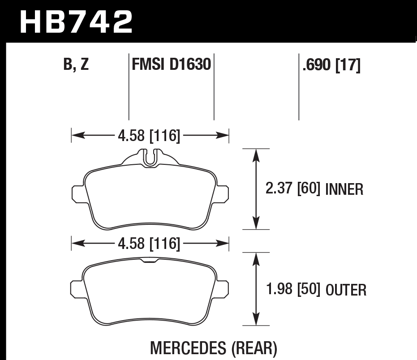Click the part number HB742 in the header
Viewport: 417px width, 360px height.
[77, 21]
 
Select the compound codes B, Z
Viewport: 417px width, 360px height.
[76, 65]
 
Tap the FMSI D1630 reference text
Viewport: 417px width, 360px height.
[171, 65]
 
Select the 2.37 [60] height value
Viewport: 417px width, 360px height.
[292, 189]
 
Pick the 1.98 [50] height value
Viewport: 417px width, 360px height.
[292, 290]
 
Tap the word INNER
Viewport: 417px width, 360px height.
[344, 190]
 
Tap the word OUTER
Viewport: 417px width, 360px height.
[346, 290]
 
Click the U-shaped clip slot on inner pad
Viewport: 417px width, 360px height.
[150, 157]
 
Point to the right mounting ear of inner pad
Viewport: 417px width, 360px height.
[223, 193]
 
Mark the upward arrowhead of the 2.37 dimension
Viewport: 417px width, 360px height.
[256, 154]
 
